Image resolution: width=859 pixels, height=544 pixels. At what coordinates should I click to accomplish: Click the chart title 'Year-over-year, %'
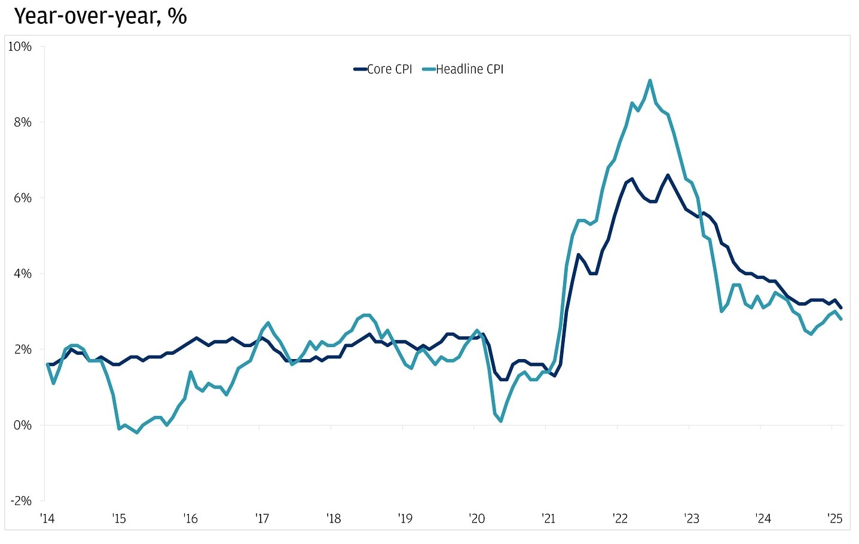(100, 16)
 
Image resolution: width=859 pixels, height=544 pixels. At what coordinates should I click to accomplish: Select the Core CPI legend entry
(383, 69)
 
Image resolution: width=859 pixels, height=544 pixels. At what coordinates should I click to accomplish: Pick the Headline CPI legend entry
(463, 69)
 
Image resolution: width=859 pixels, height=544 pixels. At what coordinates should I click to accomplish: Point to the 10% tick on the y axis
(20, 47)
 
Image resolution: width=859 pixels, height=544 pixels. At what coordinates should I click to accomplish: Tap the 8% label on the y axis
(22, 122)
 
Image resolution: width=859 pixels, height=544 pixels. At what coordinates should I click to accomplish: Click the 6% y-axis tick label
(22, 198)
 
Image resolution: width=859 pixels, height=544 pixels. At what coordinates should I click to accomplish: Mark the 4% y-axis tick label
(22, 273)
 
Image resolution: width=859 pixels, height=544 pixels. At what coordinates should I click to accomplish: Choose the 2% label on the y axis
(22, 350)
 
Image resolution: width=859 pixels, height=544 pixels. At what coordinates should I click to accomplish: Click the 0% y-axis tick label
(22, 426)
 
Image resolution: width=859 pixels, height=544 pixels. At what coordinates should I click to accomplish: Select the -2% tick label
(20, 501)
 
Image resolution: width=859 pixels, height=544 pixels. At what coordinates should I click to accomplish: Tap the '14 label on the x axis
(47, 518)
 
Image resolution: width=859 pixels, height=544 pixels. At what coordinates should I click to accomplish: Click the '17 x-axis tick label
(262, 518)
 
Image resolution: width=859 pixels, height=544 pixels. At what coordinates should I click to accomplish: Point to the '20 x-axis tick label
(477, 518)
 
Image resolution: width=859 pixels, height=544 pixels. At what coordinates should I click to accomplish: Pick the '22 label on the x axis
(620, 518)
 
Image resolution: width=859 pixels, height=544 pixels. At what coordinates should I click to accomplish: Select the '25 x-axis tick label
(834, 518)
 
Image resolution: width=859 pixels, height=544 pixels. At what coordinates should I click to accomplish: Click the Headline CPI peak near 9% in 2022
(650, 80)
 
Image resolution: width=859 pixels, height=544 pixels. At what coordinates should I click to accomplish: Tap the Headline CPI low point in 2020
(501, 421)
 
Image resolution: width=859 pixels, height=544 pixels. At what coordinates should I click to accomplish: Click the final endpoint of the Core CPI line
(841, 308)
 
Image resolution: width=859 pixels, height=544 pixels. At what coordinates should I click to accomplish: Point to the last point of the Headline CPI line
(841, 319)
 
